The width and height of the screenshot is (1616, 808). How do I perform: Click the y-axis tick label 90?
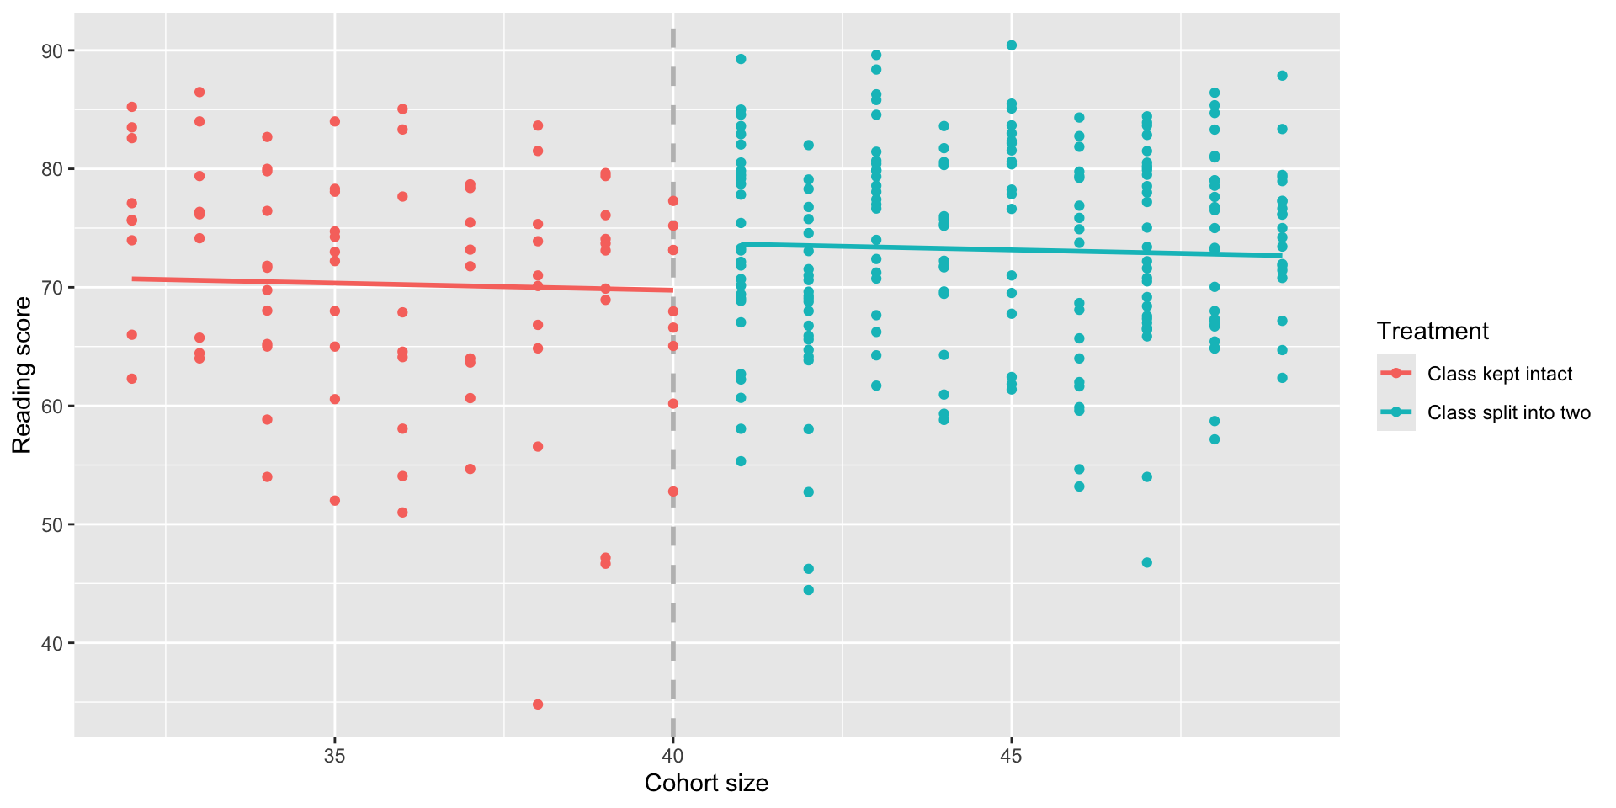tap(52, 51)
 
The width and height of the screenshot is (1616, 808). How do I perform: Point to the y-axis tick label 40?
tap(52, 643)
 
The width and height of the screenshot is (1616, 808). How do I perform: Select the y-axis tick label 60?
tap(52, 407)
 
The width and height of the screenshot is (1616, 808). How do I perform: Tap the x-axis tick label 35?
tap(335, 755)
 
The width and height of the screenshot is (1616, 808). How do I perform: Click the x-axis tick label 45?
tap(1011, 755)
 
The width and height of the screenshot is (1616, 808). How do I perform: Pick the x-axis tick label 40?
tap(672, 755)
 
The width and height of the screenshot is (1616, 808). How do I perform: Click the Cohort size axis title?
tap(706, 784)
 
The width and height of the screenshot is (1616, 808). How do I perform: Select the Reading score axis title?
tap(22, 375)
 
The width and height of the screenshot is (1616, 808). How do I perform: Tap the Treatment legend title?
tap(1433, 332)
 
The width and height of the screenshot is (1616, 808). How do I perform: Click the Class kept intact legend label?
tap(1499, 374)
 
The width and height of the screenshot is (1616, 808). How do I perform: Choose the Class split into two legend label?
tap(1508, 412)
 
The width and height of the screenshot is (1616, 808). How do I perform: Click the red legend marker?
tap(1396, 374)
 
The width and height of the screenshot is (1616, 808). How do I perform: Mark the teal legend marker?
tap(1396, 412)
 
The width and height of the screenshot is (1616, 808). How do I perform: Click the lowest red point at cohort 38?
tap(538, 704)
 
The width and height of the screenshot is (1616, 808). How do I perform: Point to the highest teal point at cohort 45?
tap(1012, 45)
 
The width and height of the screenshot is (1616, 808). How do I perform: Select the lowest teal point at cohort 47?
tap(1146, 562)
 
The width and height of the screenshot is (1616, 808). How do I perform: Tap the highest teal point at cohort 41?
tap(741, 59)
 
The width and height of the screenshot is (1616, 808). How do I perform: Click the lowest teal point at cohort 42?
tap(809, 590)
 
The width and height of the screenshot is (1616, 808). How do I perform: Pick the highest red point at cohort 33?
tap(199, 92)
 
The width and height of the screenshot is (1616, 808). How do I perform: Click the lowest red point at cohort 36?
tap(402, 513)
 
